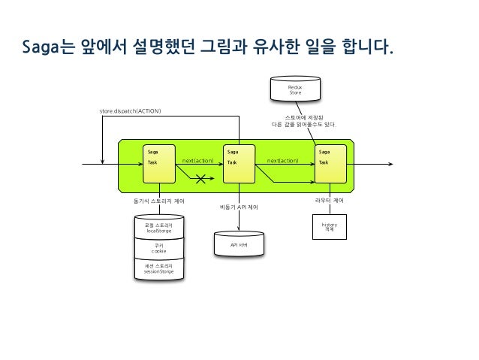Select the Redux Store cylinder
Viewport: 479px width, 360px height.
295,91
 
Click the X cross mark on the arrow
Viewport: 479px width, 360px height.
201,178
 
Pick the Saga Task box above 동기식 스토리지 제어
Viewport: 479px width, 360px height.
161,163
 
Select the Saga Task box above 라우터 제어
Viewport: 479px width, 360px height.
330,163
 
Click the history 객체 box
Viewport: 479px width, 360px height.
329,226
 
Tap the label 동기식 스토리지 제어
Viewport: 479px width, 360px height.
158,201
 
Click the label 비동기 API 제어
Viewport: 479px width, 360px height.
239,206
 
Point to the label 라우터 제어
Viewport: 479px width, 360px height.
329,201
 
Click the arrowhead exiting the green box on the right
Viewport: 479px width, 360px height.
388,163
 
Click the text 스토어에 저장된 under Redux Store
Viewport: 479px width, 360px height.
297,117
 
